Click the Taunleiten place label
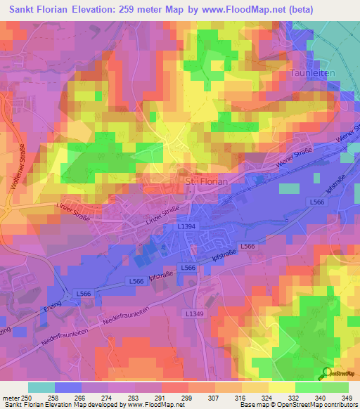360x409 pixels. click(x=312, y=72)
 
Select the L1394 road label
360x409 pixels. click(x=186, y=226)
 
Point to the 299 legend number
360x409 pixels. click(x=186, y=397)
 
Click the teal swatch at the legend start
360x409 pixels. click(x=41, y=387)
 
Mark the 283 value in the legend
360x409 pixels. click(x=134, y=397)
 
